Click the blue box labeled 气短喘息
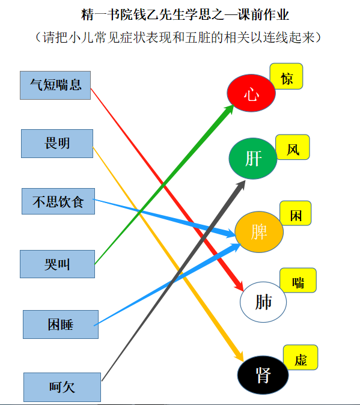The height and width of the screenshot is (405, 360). pyautogui.click(x=55, y=85)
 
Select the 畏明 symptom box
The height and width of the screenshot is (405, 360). pyautogui.click(x=57, y=144)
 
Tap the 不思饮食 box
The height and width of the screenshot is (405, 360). pyautogui.click(x=58, y=201)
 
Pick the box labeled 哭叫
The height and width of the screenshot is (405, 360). pyautogui.click(x=57, y=264)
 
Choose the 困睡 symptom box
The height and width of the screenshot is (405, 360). pyautogui.click(x=61, y=324)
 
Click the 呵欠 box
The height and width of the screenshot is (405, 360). pyautogui.click(x=63, y=387)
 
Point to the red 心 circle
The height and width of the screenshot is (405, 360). pyautogui.click(x=251, y=93)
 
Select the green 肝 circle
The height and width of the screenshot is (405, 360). pyautogui.click(x=253, y=158)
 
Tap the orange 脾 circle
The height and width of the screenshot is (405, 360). pyautogui.click(x=259, y=232)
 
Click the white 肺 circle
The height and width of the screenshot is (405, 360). pyautogui.click(x=263, y=302)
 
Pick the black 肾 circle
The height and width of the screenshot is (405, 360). pyautogui.click(x=263, y=375)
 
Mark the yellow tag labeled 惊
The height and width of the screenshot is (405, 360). pyautogui.click(x=287, y=76)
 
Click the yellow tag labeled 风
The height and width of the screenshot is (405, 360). pyautogui.click(x=293, y=147)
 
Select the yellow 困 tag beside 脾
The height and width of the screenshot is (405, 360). pyautogui.click(x=296, y=213)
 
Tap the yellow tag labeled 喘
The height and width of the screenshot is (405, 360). pyautogui.click(x=298, y=280)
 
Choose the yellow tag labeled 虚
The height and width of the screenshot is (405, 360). pyautogui.click(x=301, y=358)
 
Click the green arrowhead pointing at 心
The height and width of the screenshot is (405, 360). pyautogui.click(x=229, y=109)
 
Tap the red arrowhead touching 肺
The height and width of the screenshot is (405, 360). pyautogui.click(x=239, y=285)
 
